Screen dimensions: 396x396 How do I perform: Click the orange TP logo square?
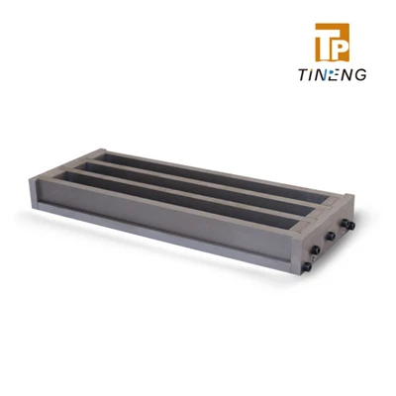tap(332, 43)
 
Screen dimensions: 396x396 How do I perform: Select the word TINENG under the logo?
tap(333, 75)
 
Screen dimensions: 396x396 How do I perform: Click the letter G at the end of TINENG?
tap(360, 75)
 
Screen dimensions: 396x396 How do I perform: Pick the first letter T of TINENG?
tap(304, 75)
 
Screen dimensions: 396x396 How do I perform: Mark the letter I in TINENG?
tap(311, 75)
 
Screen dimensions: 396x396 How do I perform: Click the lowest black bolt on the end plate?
tap(307, 265)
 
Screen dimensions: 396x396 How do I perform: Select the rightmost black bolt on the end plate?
tap(351, 226)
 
